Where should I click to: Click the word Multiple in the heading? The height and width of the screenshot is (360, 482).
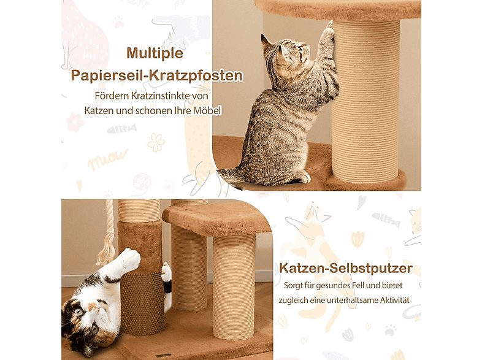click(155, 53)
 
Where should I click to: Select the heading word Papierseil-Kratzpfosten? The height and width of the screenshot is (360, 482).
click(156, 76)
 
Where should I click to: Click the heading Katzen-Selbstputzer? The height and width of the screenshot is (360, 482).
click(346, 268)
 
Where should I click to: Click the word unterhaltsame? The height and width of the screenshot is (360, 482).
click(346, 301)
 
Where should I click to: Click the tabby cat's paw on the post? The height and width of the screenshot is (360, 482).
click(329, 27)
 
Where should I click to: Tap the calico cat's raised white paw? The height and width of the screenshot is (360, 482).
click(129, 258)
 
